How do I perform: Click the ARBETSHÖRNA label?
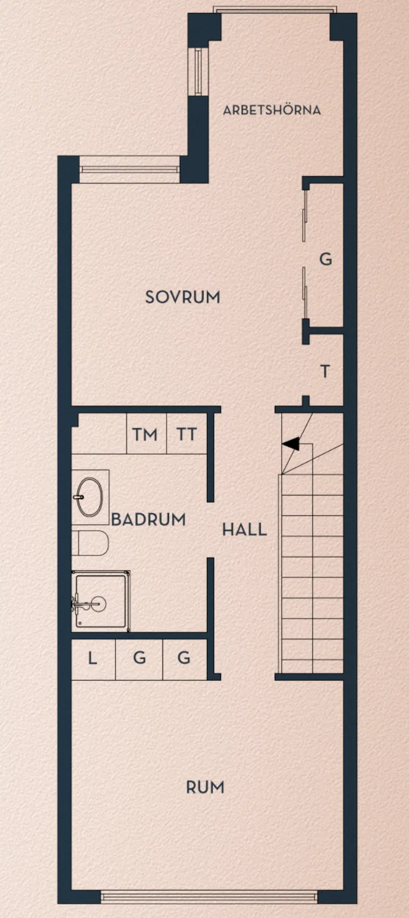272,110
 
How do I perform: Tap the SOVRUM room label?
183,297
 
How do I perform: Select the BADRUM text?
148,519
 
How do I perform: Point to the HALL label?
244,529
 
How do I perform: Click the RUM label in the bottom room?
205,787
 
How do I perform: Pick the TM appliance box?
146,435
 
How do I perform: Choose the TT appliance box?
187,435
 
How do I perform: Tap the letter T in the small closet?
324,371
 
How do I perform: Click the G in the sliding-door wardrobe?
326,258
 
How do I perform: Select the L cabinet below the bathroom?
93,658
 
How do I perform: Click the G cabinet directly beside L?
139,658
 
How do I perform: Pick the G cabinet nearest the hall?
184,658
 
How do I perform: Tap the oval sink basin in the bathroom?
90,496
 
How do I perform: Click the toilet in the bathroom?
91,543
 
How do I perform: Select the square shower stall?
100,601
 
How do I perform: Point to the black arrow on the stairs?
291,444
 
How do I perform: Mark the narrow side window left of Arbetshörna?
197,71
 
